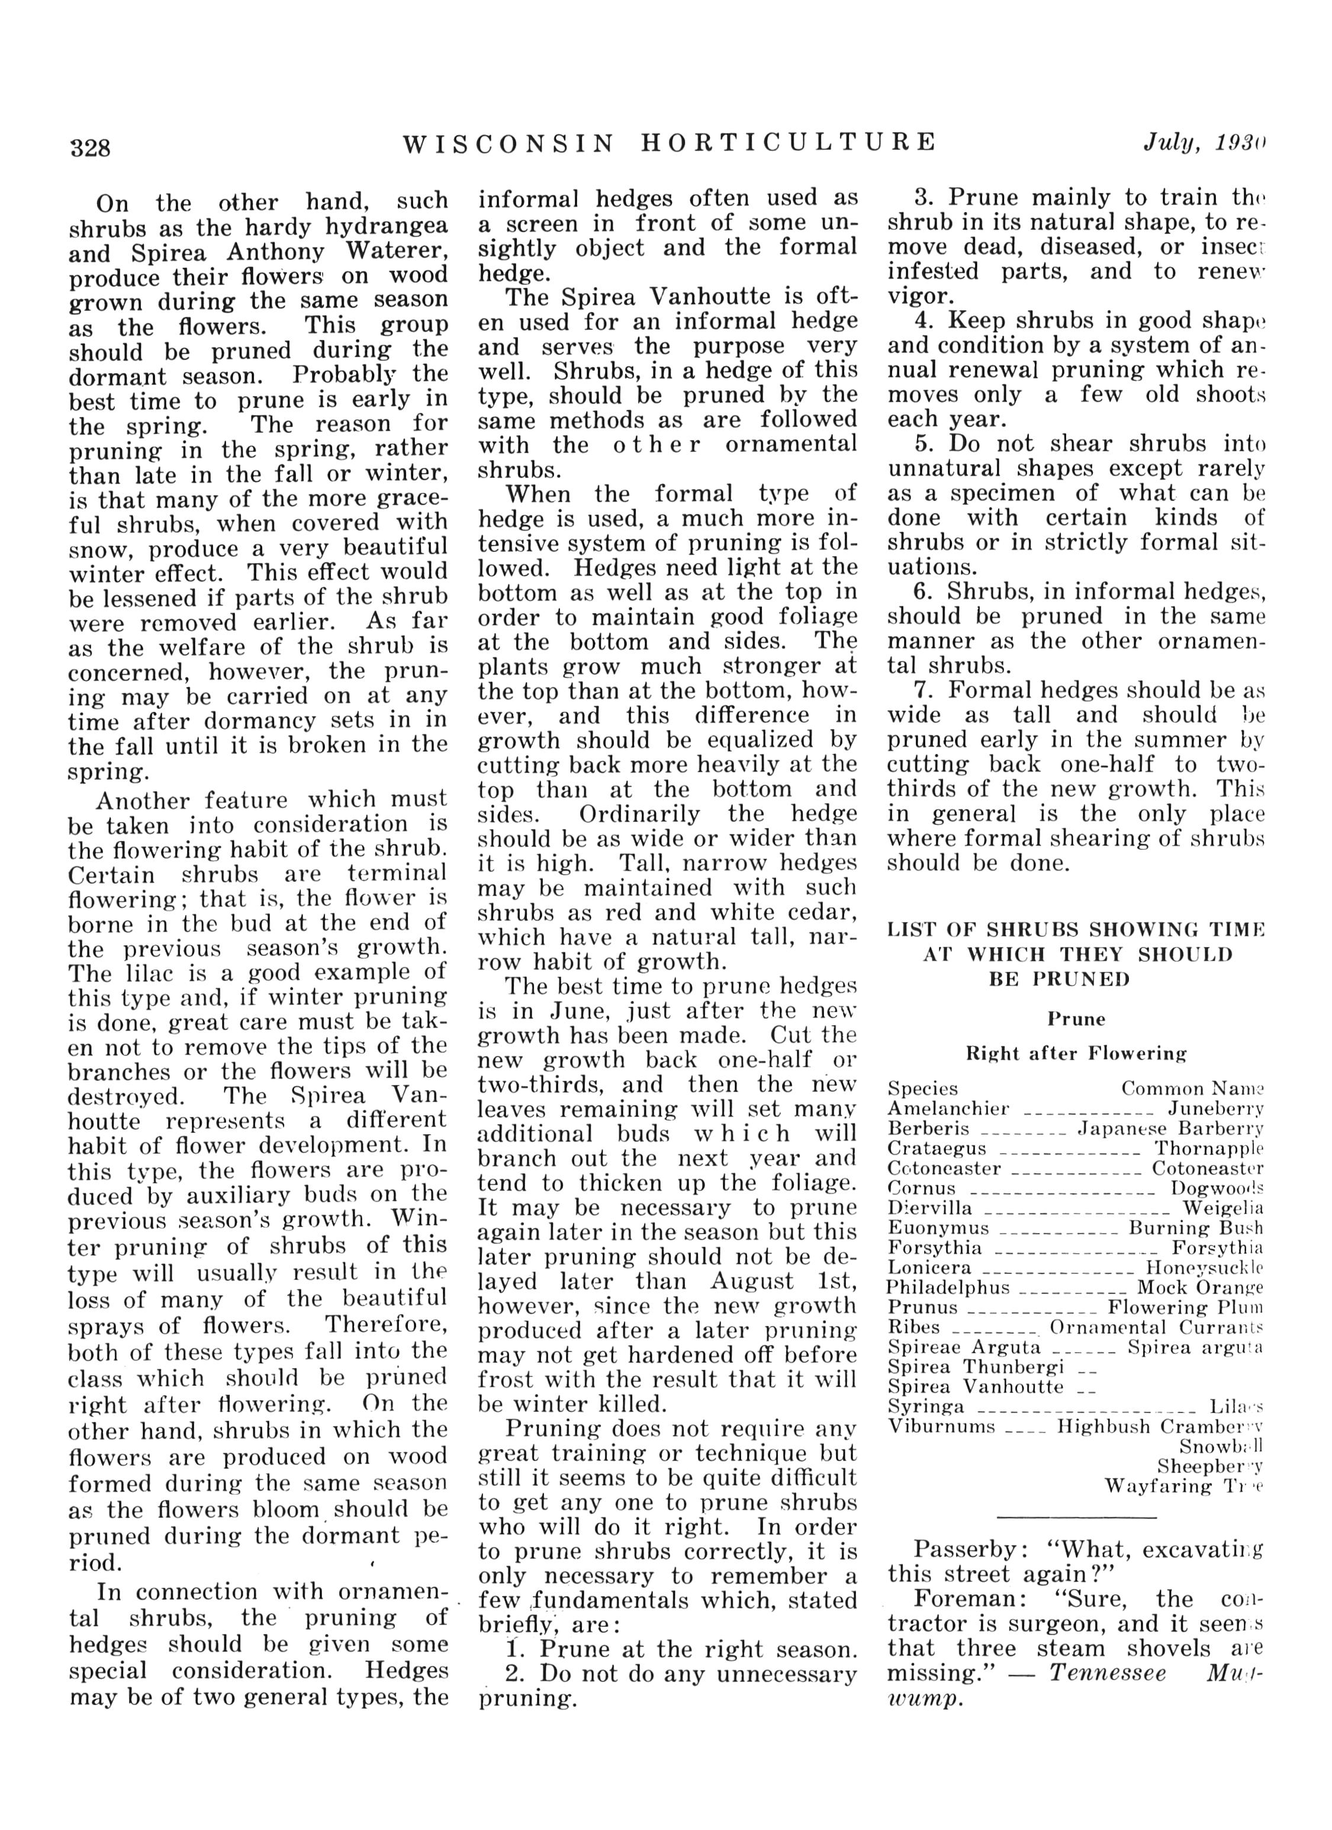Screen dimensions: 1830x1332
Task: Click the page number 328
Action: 91,147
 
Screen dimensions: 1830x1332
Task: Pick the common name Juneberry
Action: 1216,1109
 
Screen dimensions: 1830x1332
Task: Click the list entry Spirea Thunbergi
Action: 976,1367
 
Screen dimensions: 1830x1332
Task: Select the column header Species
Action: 923,1089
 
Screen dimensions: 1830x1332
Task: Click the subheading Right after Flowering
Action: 1076,1053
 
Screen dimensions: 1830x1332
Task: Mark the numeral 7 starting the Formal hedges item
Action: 921,691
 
